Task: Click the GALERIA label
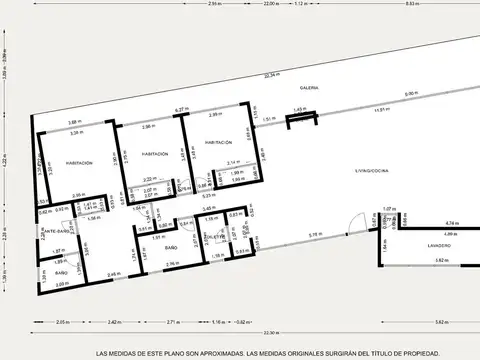point(307,88)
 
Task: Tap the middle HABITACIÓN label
point(155,154)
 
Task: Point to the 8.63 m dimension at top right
point(441,4)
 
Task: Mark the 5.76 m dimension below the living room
point(314,234)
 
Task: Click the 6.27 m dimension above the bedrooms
point(181,109)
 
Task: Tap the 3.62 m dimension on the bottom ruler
point(441,322)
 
